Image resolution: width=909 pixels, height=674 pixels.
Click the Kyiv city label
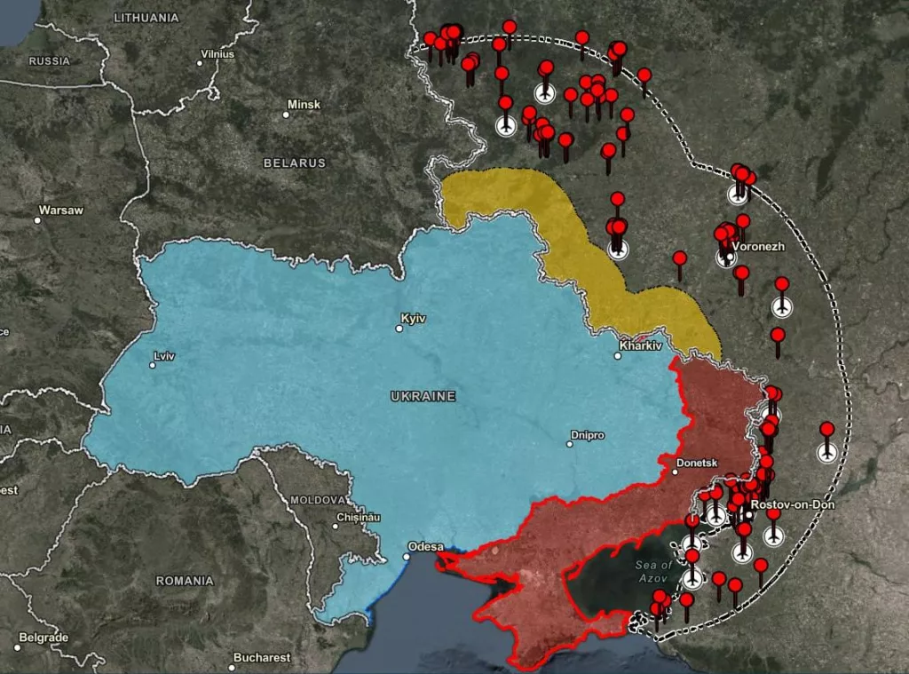pyautogui.click(x=414, y=318)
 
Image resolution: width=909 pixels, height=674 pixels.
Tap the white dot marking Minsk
pyautogui.click(x=287, y=114)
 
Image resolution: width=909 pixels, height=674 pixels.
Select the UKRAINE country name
pyautogui.click(x=423, y=396)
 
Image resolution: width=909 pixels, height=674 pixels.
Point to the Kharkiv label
pyautogui.click(x=641, y=345)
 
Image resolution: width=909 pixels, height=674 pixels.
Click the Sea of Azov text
pyautogui.click(x=655, y=572)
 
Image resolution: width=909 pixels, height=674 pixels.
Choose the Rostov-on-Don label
pyautogui.click(x=792, y=504)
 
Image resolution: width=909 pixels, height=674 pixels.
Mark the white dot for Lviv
pyautogui.click(x=153, y=365)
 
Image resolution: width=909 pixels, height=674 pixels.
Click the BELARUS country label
pyautogui.click(x=295, y=163)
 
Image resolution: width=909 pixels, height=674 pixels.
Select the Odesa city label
pyautogui.click(x=423, y=546)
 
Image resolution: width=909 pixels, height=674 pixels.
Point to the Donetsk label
pyautogui.click(x=696, y=463)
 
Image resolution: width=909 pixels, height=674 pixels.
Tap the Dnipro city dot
pyautogui.click(x=570, y=444)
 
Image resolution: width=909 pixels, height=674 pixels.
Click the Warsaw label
pyautogui.click(x=61, y=210)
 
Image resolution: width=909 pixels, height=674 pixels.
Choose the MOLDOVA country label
pyautogui.click(x=317, y=500)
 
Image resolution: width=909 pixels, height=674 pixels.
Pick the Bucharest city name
pyautogui.click(x=262, y=658)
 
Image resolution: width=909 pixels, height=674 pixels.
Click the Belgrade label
pyautogui.click(x=43, y=638)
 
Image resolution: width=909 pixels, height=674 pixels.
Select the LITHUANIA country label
pyautogui.click(x=146, y=18)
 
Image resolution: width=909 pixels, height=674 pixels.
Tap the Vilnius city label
pyautogui.click(x=217, y=54)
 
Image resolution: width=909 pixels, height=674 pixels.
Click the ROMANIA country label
pyautogui.click(x=185, y=581)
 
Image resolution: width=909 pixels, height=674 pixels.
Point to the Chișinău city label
pyautogui.click(x=359, y=517)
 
